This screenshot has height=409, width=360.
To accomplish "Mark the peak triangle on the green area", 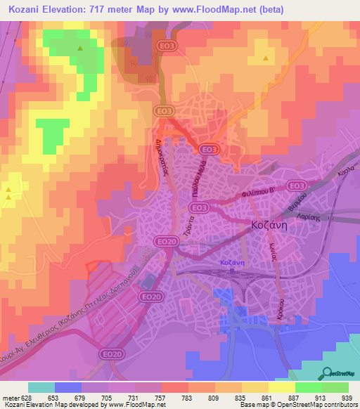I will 79,48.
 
